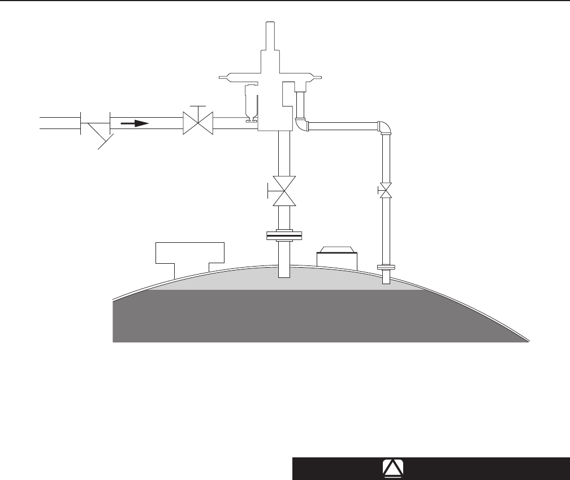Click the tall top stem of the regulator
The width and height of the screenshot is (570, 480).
(x=270, y=35)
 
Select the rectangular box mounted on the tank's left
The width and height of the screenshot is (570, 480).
(x=190, y=252)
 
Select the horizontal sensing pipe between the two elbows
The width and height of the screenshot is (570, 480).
(x=342, y=126)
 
